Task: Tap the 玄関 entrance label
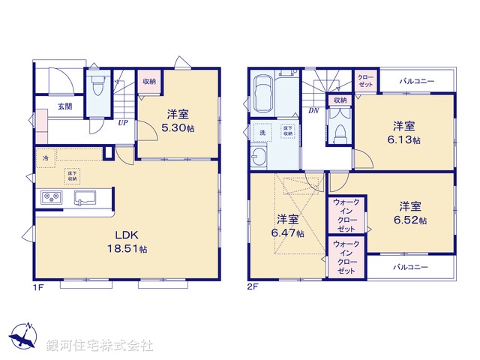click(64, 106)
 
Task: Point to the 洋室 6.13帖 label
click(403, 132)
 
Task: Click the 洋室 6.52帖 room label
click(409, 212)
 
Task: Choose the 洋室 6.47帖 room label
click(288, 226)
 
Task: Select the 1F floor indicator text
click(37, 286)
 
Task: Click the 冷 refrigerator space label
click(46, 159)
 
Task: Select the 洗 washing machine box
click(262, 133)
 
